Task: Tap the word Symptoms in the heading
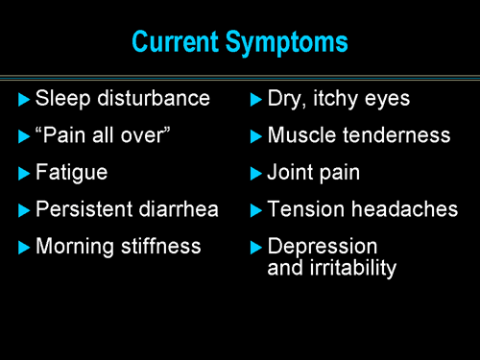coord(292,43)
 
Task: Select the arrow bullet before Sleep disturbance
coord(24,98)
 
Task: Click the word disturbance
coord(153,98)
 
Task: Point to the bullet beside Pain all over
coord(24,136)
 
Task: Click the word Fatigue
coord(71,173)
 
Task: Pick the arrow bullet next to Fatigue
coord(24,174)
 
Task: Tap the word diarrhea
coord(179,209)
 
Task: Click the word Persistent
coord(84,209)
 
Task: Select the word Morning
coord(73,247)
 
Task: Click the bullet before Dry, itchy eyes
coord(255,98)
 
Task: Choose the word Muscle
coord(299,135)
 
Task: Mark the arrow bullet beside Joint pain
coord(255,174)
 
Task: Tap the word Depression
coord(323,248)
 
